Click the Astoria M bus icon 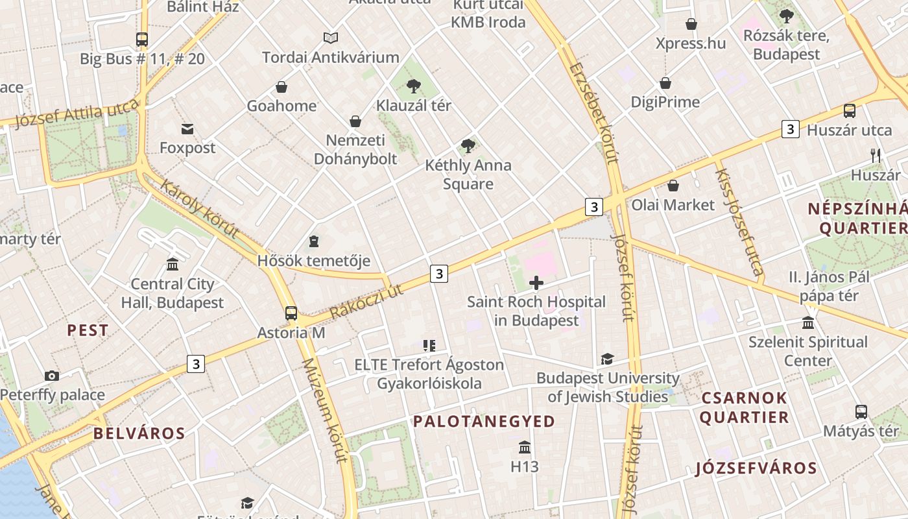(291, 313)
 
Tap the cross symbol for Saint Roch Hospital (536, 283)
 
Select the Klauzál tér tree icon (414, 86)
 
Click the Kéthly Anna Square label (468, 175)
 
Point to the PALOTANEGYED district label (484, 422)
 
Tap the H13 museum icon (525, 448)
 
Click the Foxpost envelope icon (187, 128)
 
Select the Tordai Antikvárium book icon (331, 38)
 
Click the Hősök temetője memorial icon (314, 241)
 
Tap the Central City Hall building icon (173, 265)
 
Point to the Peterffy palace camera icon (52, 376)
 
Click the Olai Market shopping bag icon (673, 186)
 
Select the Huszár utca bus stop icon (850, 111)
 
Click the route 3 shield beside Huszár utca (790, 129)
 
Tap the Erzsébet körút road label (593, 114)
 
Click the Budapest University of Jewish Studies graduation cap (608, 359)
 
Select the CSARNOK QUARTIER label (744, 407)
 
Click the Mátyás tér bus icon (861, 412)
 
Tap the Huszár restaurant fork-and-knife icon (876, 155)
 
